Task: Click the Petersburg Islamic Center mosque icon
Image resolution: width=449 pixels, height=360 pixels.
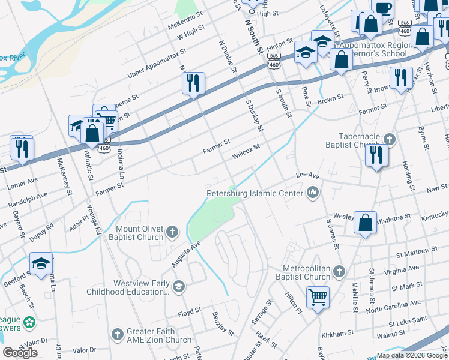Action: pyautogui.click(x=312, y=193)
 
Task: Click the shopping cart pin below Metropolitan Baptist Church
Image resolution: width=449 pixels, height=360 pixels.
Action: pyautogui.click(x=318, y=296)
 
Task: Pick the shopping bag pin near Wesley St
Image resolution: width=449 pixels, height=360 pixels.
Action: pyautogui.click(x=365, y=223)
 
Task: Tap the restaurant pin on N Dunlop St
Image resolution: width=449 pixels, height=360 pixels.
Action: pyautogui.click(x=193, y=84)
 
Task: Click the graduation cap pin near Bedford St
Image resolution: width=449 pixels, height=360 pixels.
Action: pyautogui.click(x=41, y=264)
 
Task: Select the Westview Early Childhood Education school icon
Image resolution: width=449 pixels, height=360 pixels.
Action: pyautogui.click(x=178, y=287)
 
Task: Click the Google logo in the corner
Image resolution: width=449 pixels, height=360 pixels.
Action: pyautogui.click(x=20, y=353)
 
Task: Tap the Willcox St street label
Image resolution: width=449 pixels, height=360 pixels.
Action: pyautogui.click(x=246, y=151)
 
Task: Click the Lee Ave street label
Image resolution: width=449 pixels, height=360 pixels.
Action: pyautogui.click(x=307, y=175)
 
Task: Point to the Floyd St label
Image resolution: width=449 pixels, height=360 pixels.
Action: pyautogui.click(x=190, y=313)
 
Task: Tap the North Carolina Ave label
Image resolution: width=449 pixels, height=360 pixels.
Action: pyautogui.click(x=393, y=307)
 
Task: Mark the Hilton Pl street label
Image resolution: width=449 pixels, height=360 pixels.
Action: pyautogui.click(x=294, y=296)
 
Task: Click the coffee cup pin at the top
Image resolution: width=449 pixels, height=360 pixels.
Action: pyautogui.click(x=382, y=8)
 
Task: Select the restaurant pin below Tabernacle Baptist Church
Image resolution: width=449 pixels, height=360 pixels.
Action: pyautogui.click(x=376, y=156)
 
